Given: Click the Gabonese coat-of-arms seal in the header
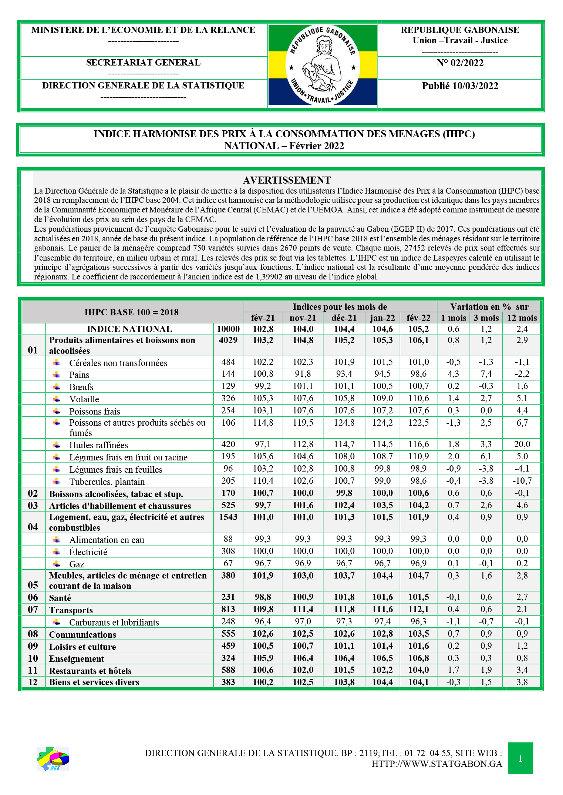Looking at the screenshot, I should [x=323, y=65].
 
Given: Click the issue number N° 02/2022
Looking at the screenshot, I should [x=460, y=63].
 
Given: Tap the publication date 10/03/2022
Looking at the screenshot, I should [x=460, y=86].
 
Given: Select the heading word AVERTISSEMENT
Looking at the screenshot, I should [x=287, y=180].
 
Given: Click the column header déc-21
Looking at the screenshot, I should [x=344, y=318].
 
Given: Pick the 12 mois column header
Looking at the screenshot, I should [x=522, y=318].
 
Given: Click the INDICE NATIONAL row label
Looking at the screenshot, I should [x=129, y=329].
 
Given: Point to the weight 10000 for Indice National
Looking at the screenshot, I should [x=228, y=329].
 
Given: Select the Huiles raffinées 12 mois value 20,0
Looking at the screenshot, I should [x=522, y=444].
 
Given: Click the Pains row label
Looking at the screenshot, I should [x=79, y=375].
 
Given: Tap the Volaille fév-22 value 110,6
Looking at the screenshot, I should [x=418, y=398].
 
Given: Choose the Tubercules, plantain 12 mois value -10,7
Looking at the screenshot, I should [x=522, y=481].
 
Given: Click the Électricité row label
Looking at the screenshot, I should [x=88, y=552].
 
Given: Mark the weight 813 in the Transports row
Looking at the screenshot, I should [x=228, y=609].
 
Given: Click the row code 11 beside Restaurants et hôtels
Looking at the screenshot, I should [x=33, y=670].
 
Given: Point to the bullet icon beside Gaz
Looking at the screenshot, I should [x=57, y=564].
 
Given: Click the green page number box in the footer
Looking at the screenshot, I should [x=520, y=758].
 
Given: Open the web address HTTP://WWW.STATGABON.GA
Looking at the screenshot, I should [x=436, y=764].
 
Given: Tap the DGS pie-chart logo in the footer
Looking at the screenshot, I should [x=53, y=759].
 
